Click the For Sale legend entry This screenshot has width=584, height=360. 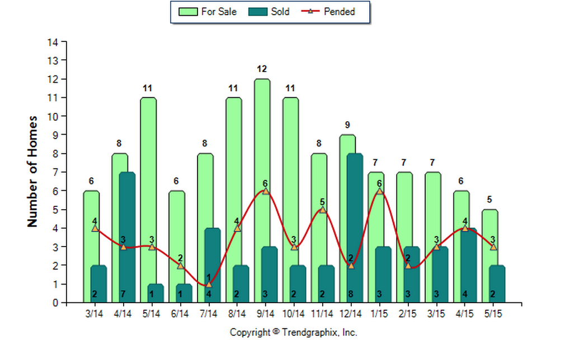coord(209,11)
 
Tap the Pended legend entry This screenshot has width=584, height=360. coord(330,11)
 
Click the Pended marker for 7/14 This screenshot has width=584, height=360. coord(209,285)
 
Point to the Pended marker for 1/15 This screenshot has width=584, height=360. coord(380,191)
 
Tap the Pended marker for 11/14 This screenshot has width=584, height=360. coord(323,210)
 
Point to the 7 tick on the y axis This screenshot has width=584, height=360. coord(55,172)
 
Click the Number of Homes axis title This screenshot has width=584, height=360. coord(32,171)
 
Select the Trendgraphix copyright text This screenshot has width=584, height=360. coord(294,333)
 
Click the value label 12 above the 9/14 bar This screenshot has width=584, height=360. coord(262,69)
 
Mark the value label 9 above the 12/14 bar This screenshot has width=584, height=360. coord(347,125)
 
